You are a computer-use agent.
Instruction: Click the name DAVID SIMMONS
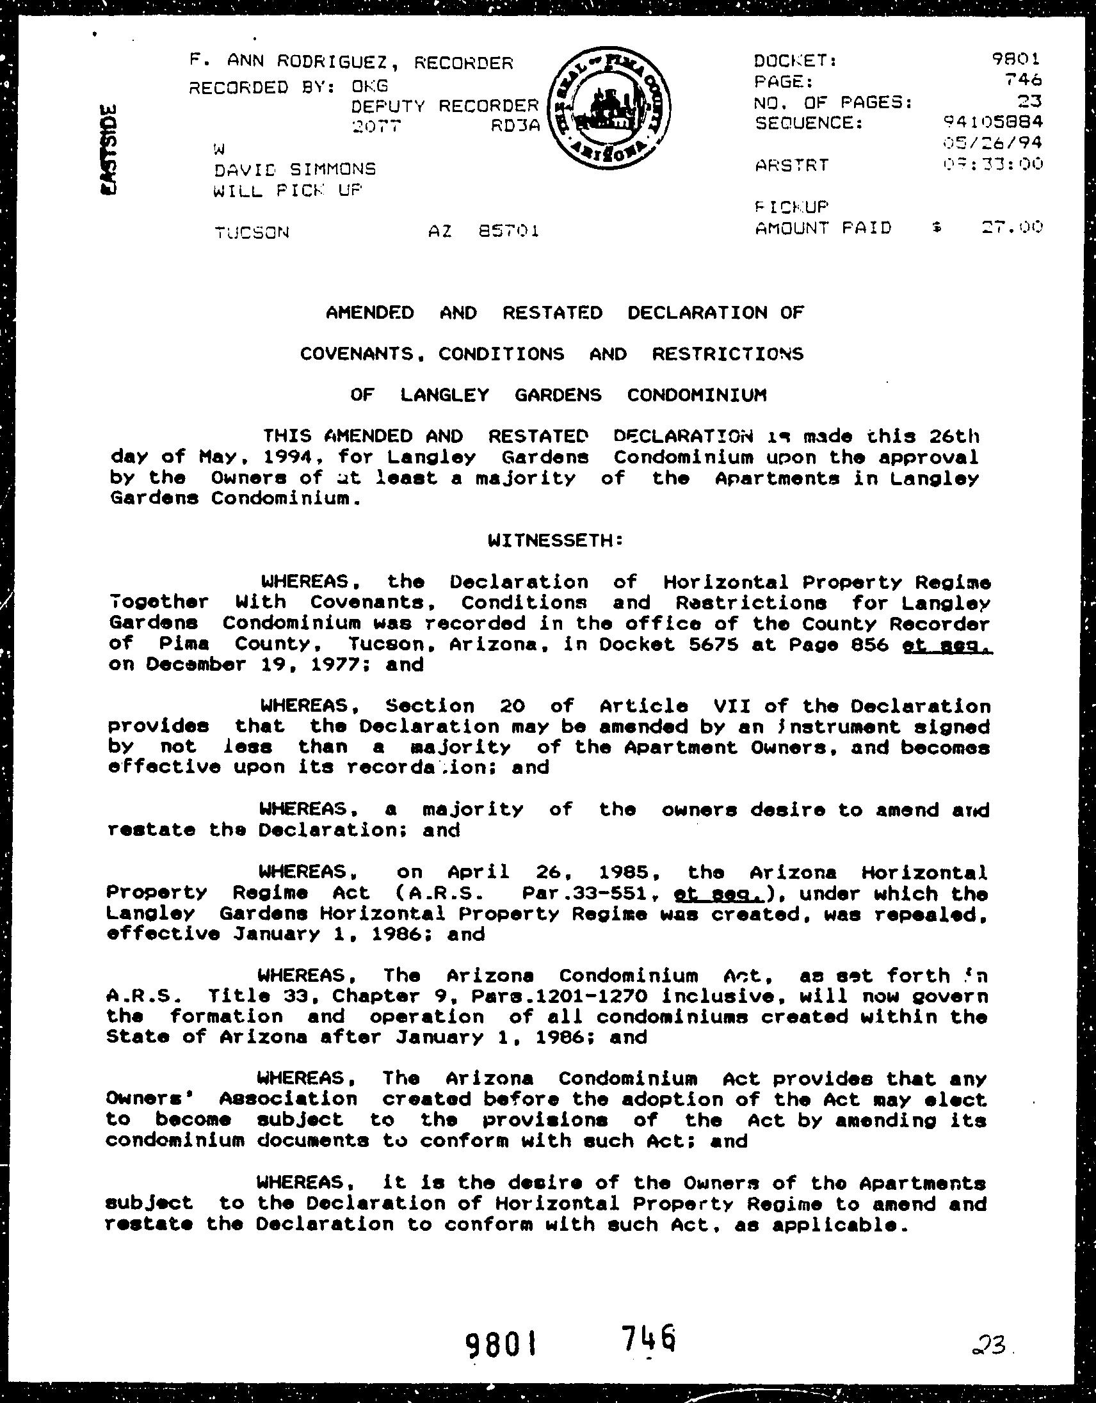click(x=295, y=170)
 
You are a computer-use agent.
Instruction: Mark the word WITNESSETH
click(x=555, y=540)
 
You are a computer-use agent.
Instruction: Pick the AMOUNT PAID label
click(x=824, y=228)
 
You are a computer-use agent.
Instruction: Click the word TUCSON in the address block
click(x=252, y=232)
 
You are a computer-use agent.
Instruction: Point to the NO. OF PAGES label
click(x=834, y=102)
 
